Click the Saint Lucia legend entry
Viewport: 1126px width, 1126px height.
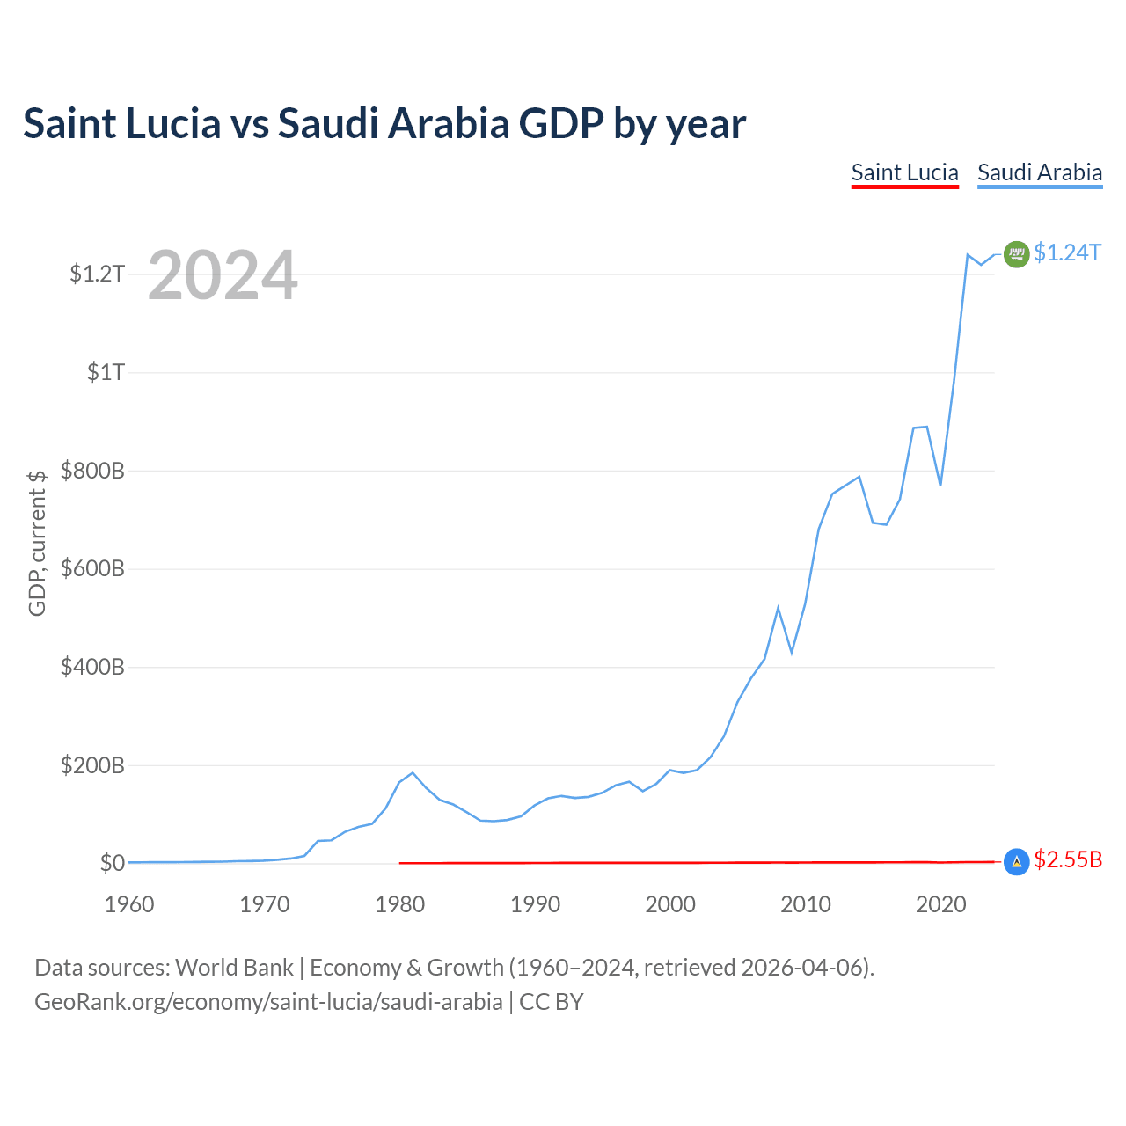click(x=904, y=173)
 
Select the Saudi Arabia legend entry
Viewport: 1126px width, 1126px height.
click(x=1040, y=173)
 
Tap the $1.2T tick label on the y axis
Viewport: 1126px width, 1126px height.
click(x=97, y=274)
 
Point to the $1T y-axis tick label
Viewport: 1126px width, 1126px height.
click(x=106, y=371)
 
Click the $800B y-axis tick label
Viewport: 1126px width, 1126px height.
click(x=92, y=470)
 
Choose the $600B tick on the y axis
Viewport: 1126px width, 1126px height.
click(x=92, y=568)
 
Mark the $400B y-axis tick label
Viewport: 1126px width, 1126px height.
click(x=92, y=666)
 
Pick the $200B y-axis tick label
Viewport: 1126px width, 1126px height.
click(x=92, y=764)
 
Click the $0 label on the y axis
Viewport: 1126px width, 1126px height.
click(x=113, y=862)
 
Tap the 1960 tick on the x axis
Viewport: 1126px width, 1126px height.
click(x=129, y=904)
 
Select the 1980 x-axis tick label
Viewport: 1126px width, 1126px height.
click(x=399, y=904)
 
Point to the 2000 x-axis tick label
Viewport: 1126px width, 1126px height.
click(x=670, y=904)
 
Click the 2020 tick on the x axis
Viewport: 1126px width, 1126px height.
click(x=940, y=904)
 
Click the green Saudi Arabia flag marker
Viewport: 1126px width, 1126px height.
click(x=1016, y=254)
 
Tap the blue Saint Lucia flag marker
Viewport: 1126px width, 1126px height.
click(x=1016, y=862)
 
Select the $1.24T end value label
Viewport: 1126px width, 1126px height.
click(x=1067, y=252)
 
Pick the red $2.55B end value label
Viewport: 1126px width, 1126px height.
click(x=1068, y=859)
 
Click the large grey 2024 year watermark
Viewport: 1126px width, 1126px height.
click(x=223, y=274)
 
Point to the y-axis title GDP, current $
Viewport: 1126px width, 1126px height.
click(x=37, y=543)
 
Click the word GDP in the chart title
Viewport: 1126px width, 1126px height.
click(x=561, y=123)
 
